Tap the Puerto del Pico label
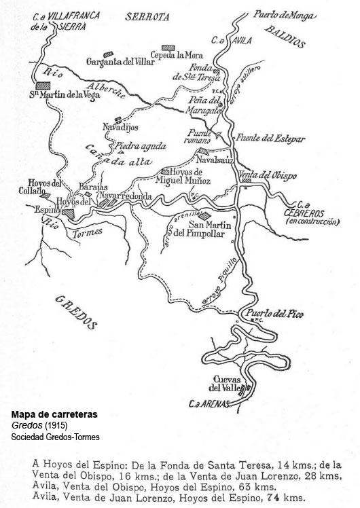273,314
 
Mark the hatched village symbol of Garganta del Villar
106,53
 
